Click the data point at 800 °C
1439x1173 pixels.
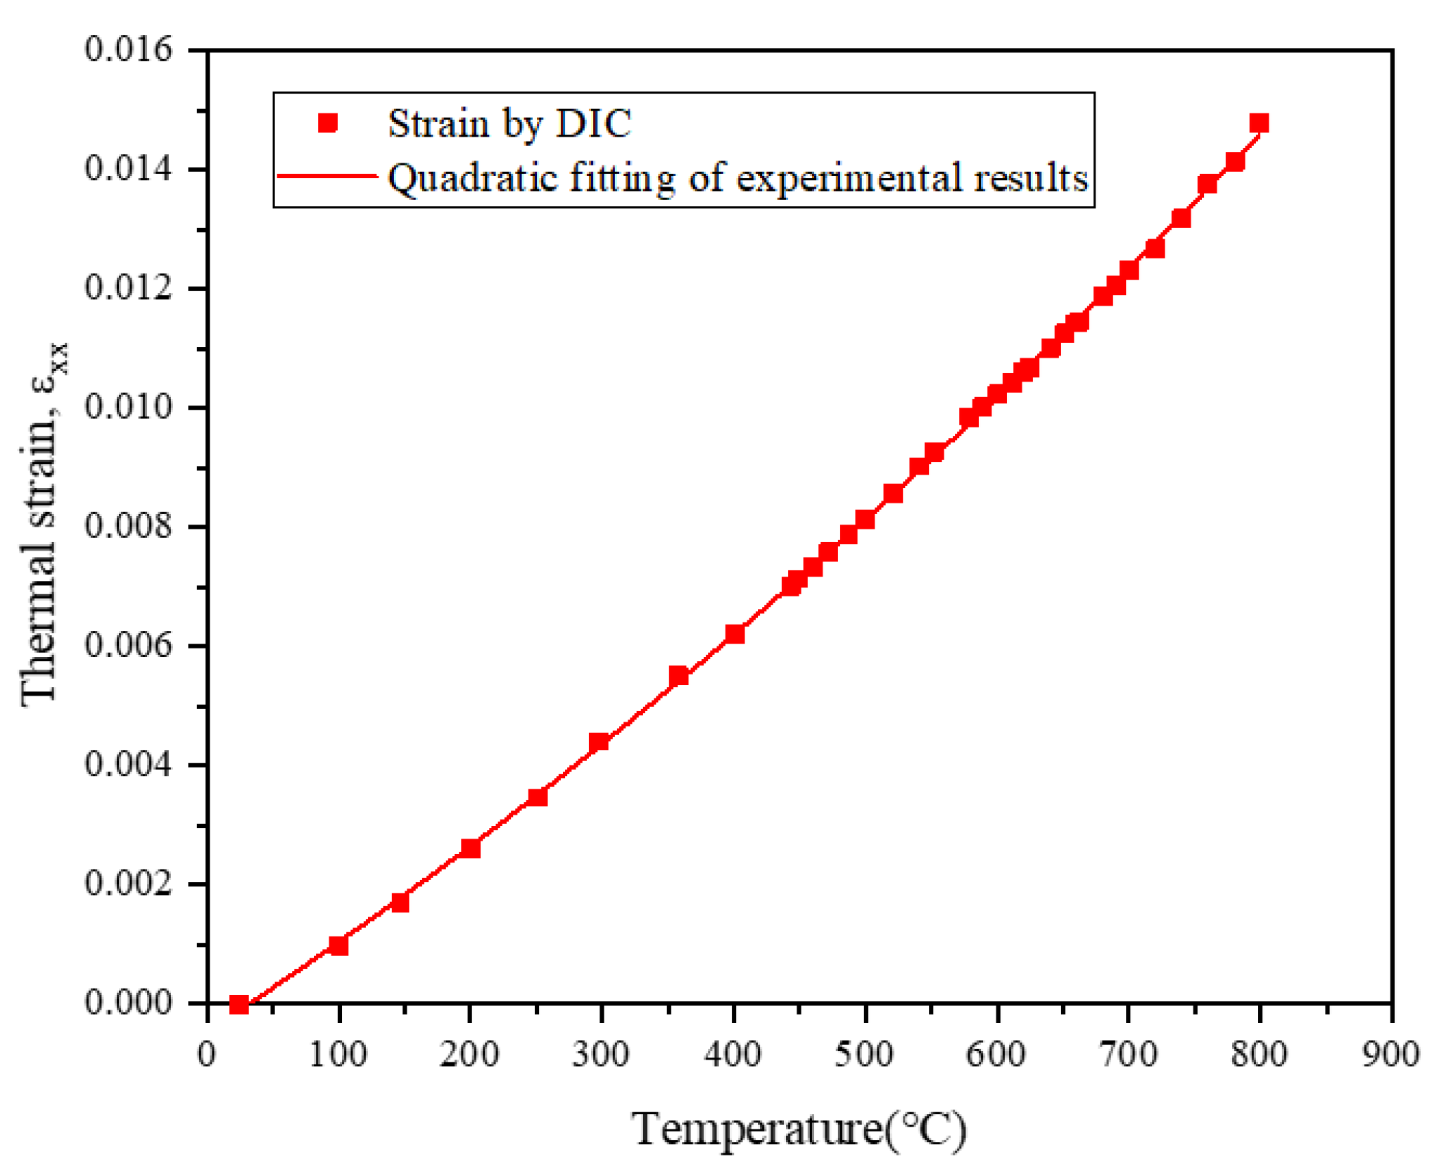[x=1258, y=124]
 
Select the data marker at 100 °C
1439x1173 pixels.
[x=338, y=945]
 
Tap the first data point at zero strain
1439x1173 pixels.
[x=239, y=1004]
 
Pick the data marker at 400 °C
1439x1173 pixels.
[x=735, y=634]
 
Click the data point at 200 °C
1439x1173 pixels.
[x=470, y=848]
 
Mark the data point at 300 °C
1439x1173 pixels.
[x=599, y=741]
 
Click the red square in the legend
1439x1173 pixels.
[x=328, y=124]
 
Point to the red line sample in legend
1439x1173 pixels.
[x=328, y=176]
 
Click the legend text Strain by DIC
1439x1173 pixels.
[x=509, y=124]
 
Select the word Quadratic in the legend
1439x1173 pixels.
[x=473, y=177]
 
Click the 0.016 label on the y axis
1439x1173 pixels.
[x=128, y=50]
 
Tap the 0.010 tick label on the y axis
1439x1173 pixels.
[x=128, y=407]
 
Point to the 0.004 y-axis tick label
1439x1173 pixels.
[x=128, y=764]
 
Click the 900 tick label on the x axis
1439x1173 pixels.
[x=1390, y=1054]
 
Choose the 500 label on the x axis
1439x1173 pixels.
[x=864, y=1054]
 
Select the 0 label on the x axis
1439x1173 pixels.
[x=207, y=1054]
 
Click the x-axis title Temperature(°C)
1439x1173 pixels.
[x=799, y=1129]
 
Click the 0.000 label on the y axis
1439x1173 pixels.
[x=128, y=1002]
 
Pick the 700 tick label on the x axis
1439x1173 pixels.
[x=1128, y=1054]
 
